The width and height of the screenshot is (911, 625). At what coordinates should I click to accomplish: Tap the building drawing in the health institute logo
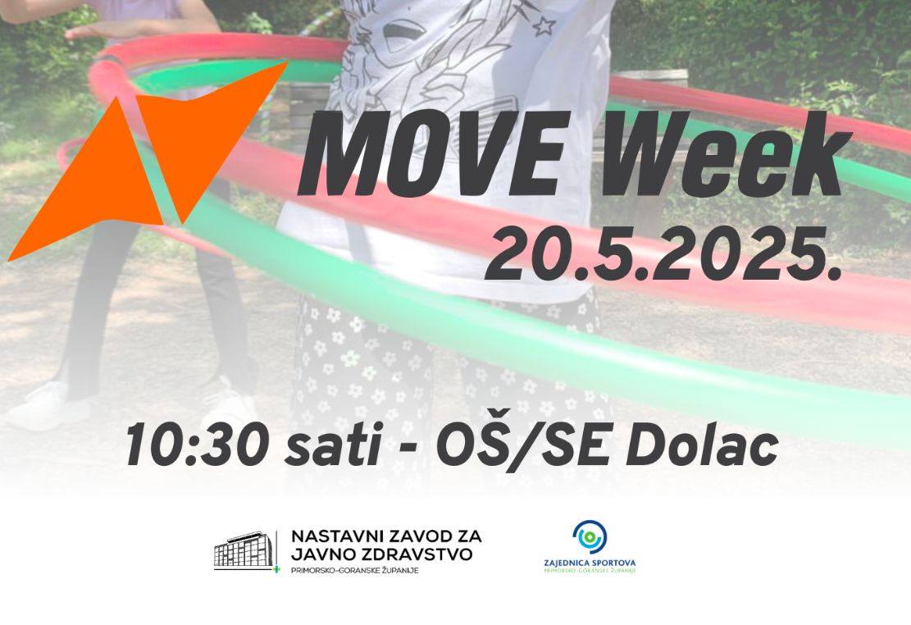point(244,550)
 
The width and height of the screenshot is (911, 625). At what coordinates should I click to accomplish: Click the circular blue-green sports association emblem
point(589,536)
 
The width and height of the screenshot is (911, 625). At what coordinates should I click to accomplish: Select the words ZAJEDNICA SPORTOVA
point(590,563)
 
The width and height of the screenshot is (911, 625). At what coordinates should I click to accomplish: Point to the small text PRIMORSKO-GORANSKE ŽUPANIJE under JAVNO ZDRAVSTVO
point(354,570)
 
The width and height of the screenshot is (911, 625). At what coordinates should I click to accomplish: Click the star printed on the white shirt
point(544,25)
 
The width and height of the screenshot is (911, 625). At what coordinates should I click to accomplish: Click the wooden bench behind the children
point(651,78)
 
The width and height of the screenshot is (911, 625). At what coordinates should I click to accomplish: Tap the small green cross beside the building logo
point(276,568)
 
